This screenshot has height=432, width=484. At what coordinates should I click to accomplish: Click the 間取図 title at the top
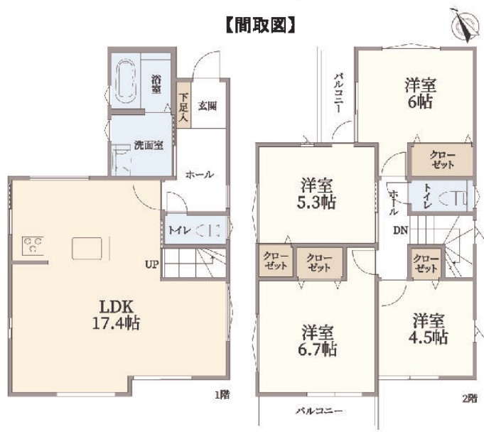261,25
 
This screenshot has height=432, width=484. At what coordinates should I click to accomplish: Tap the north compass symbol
463,25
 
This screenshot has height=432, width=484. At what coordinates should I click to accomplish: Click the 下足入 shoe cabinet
183,105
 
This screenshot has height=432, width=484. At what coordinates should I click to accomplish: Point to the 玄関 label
208,107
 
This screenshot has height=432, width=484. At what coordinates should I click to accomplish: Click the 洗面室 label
149,145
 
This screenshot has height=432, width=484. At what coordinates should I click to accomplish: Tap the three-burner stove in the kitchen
33,246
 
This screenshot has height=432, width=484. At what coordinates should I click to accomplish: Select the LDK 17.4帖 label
117,315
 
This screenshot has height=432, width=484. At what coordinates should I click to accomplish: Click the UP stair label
152,264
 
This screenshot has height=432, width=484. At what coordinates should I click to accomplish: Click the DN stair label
400,230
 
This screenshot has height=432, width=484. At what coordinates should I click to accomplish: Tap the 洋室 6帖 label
421,94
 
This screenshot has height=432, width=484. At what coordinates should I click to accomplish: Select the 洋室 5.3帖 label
316,194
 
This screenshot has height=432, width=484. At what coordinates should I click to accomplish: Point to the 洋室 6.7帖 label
317,340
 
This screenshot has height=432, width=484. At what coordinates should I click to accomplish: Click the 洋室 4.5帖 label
429,329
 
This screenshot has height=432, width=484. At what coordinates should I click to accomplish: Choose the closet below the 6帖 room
441,160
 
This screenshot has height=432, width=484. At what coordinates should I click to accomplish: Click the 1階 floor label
222,394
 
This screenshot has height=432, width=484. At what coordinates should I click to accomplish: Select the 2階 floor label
470,399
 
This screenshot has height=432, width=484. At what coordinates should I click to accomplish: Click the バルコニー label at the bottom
320,411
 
